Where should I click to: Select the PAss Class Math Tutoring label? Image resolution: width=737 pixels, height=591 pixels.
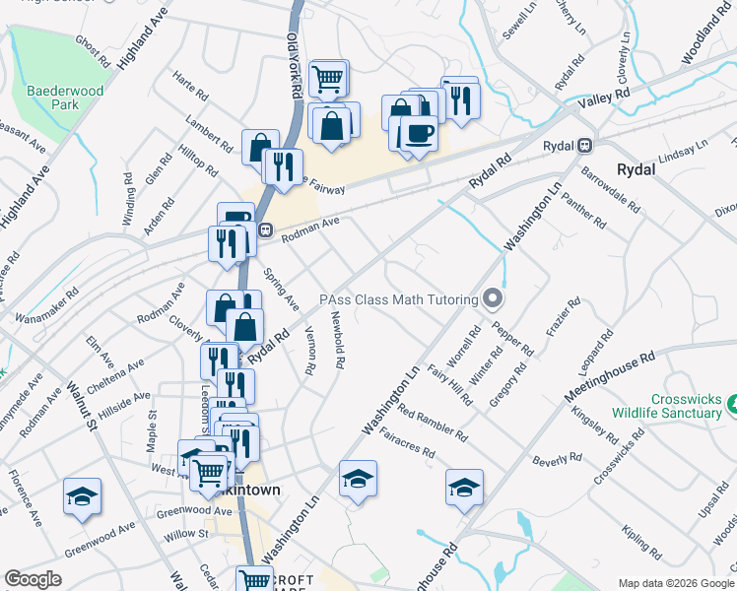coord(398,299)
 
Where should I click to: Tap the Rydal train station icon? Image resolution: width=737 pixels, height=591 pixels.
coord(584,145)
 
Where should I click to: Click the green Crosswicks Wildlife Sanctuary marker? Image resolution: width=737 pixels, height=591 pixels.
coord(733,404)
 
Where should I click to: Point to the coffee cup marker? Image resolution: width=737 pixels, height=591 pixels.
coord(419,133)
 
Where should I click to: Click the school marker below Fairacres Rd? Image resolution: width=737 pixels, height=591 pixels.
coord(464,487)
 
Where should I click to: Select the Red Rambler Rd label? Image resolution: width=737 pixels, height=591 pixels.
coord(435,425)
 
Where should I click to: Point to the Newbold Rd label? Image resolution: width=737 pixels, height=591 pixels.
coord(337,340)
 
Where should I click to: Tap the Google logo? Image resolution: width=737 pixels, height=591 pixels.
coord(33,579)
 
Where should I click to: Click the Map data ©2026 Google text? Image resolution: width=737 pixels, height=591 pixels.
coord(675,583)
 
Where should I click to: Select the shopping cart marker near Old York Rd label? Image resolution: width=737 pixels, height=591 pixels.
coord(328,78)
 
